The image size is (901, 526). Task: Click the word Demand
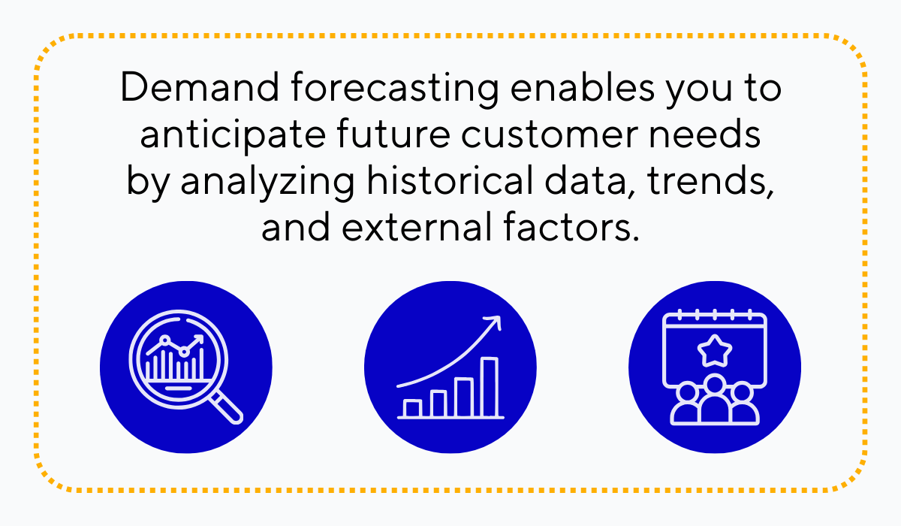point(200,87)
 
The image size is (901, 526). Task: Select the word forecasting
point(395,90)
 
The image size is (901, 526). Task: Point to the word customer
point(550,134)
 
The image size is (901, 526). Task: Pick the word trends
point(710,182)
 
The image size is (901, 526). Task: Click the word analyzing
point(267,184)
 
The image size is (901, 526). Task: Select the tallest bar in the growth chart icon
point(490,387)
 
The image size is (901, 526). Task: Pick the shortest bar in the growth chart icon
point(412,409)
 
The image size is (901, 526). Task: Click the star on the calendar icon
point(714,351)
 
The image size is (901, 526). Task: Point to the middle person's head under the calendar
point(714,384)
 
